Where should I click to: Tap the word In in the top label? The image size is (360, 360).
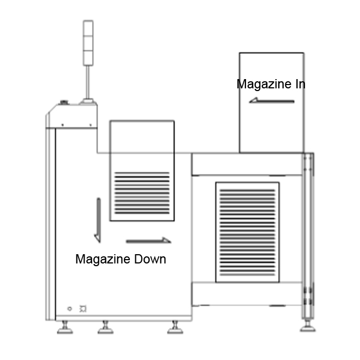click(x=299, y=84)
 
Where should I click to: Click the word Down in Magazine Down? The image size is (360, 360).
click(x=150, y=259)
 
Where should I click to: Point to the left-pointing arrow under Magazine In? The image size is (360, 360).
click(x=272, y=100)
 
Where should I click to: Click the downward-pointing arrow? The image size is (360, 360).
click(x=98, y=220)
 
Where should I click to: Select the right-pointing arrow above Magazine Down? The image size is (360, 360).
click(x=148, y=241)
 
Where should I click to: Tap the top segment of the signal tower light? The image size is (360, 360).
click(x=88, y=28)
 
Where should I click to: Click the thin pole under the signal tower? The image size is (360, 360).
click(x=88, y=82)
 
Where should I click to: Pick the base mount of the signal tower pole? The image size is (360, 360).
click(x=88, y=102)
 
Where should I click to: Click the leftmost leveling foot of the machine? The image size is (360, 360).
click(x=65, y=327)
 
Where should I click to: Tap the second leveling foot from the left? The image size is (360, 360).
click(x=105, y=327)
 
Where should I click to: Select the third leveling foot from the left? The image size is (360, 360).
click(x=175, y=327)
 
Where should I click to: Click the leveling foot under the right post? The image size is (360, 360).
click(x=308, y=325)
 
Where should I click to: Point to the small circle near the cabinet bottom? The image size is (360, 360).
click(x=70, y=309)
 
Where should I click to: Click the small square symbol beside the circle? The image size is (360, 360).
click(x=83, y=309)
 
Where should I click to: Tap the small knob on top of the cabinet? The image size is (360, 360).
click(x=64, y=102)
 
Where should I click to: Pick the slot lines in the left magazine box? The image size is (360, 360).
click(x=142, y=193)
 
